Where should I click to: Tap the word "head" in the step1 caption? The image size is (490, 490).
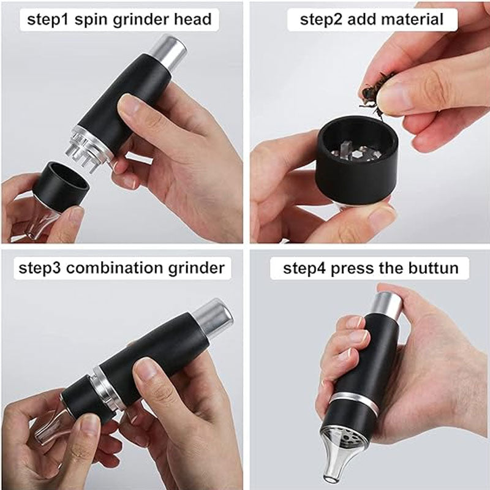pos(193,20)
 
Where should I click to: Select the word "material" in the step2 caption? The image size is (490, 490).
pos(412,20)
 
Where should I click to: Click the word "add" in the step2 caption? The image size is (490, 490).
pos(362,20)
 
